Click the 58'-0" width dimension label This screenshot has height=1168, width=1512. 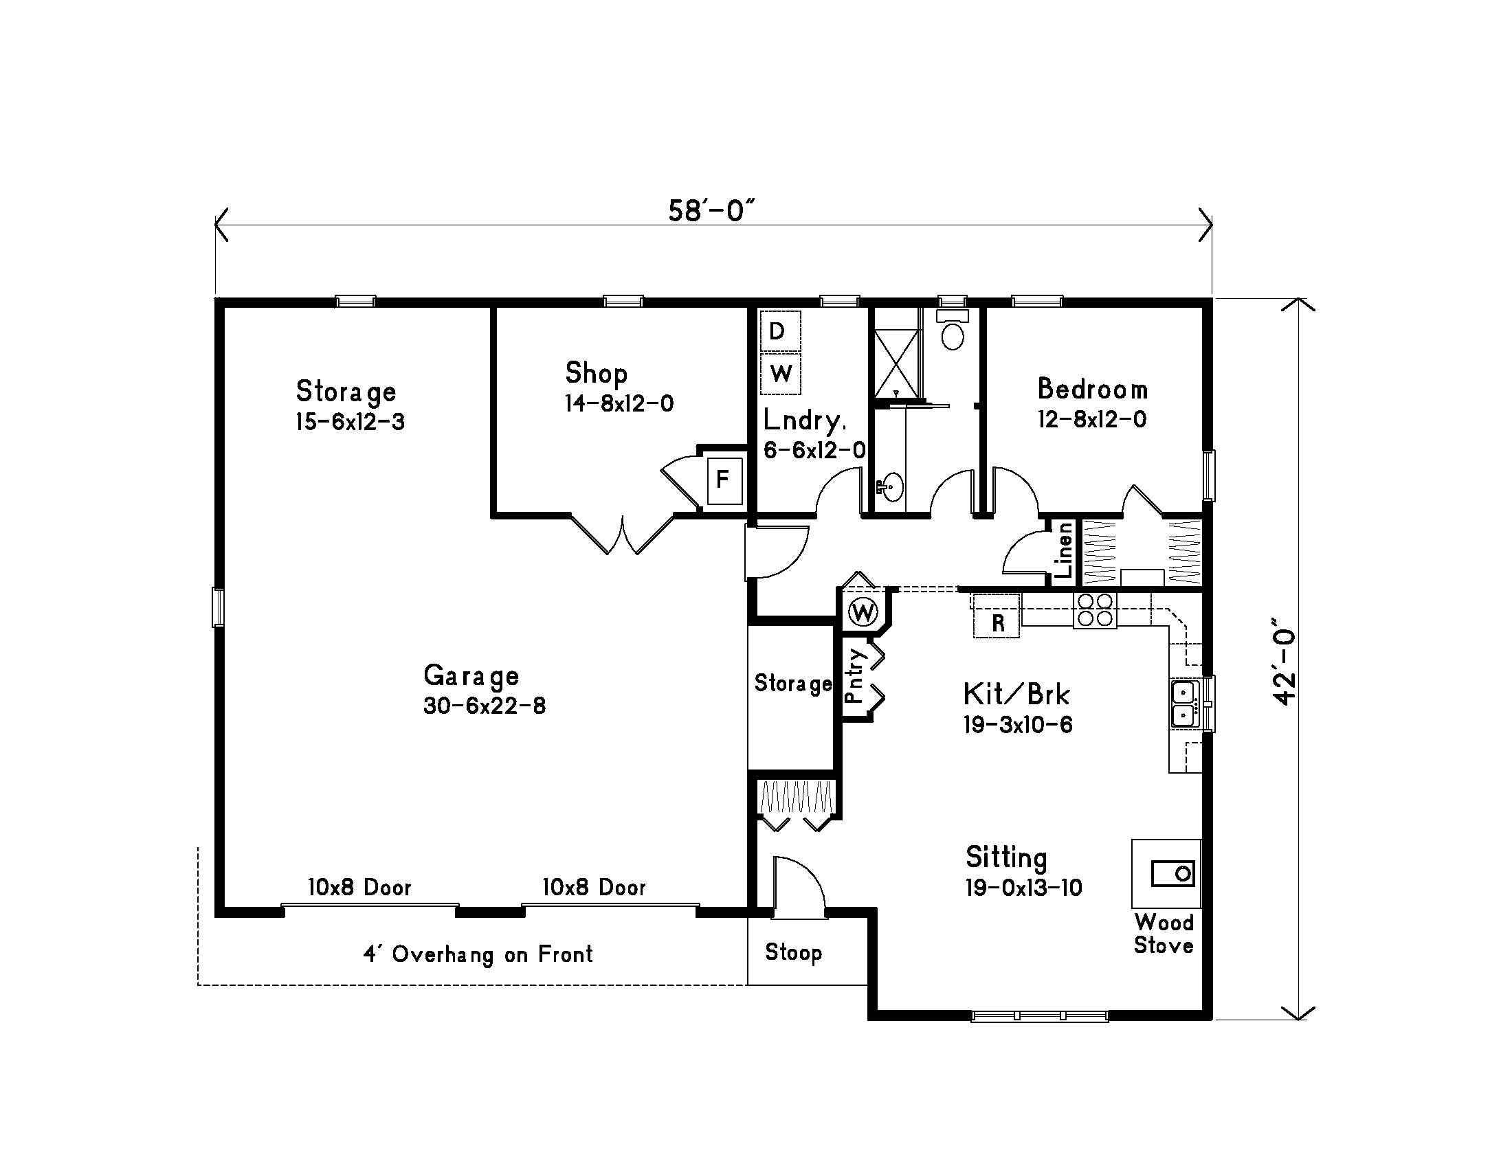pyautogui.click(x=711, y=210)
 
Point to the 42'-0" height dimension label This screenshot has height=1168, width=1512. pyautogui.click(x=1285, y=667)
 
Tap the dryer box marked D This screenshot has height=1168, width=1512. pyautogui.click(x=780, y=331)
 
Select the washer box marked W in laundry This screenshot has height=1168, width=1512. pyautogui.click(x=780, y=374)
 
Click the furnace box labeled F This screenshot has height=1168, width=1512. pyautogui.click(x=724, y=480)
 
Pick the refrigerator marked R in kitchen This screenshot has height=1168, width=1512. pyautogui.click(x=997, y=615)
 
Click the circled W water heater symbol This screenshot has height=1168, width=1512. pyautogui.click(x=863, y=611)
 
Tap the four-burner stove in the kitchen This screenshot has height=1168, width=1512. pyautogui.click(x=1095, y=610)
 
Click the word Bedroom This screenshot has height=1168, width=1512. pyautogui.click(x=1093, y=389)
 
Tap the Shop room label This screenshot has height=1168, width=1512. pyautogui.click(x=596, y=373)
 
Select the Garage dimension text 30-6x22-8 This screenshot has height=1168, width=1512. pyautogui.click(x=485, y=706)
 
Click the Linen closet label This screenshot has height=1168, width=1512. pyautogui.click(x=1064, y=550)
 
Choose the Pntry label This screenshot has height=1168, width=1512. pyautogui.click(x=856, y=675)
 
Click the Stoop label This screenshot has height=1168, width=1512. pyautogui.click(x=793, y=952)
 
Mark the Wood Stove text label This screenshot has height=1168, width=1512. pyautogui.click(x=1164, y=934)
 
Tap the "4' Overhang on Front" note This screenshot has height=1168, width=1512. pyautogui.click(x=478, y=954)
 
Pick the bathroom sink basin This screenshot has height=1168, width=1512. pyautogui.click(x=892, y=487)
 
